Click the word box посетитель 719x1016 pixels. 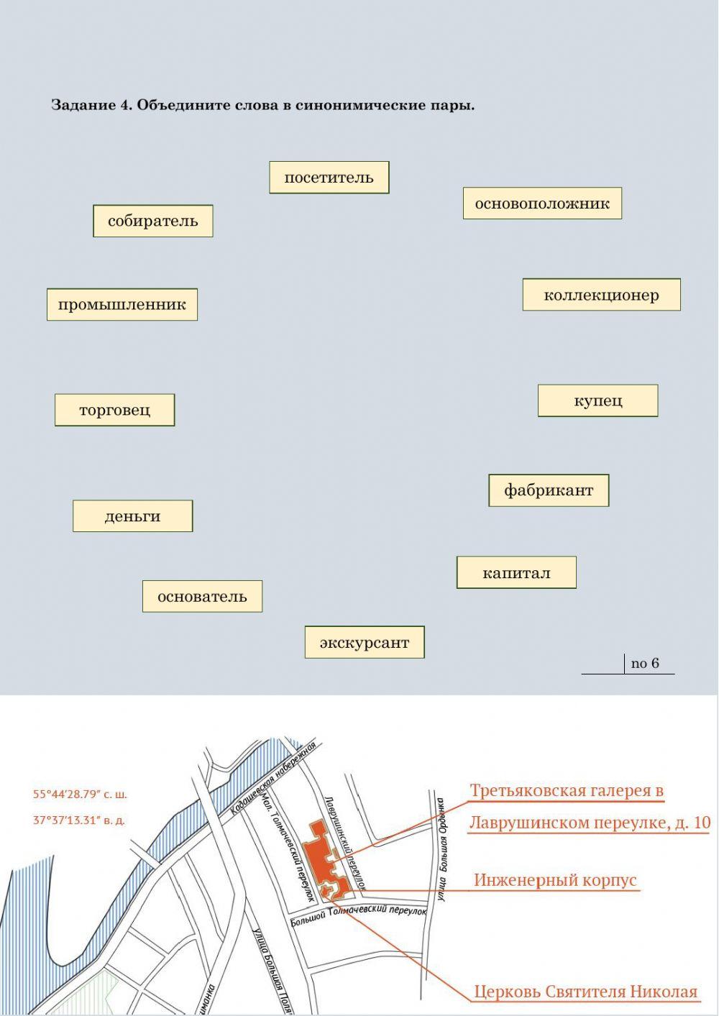329,178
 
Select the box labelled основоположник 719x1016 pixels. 542,203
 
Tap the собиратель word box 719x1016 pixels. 152,221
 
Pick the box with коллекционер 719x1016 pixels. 601,295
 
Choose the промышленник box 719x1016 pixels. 122,305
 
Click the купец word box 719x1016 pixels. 597,401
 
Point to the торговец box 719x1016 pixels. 114,410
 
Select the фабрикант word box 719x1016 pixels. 549,490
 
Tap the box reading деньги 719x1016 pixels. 132,516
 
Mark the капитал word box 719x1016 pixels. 516,573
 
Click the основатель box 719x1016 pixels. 202,597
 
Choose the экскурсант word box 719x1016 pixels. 365,643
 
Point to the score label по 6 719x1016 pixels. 644,663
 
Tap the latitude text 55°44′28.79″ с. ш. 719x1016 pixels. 80,795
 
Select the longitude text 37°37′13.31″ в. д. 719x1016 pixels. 79,820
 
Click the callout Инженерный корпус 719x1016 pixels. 555,880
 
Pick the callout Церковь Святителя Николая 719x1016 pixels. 585,992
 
